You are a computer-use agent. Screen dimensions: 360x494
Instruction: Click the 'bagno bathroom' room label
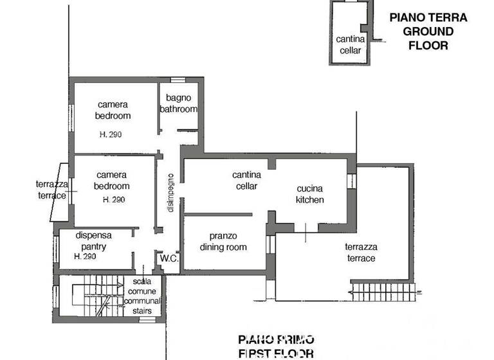pyautogui.click(x=179, y=104)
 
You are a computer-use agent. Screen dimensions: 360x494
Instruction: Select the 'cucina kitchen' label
pyautogui.click(x=309, y=194)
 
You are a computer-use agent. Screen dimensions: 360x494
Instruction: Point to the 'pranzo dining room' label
pyautogui.click(x=223, y=242)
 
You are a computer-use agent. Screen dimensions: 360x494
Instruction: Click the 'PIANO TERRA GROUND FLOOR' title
pyautogui.click(x=428, y=32)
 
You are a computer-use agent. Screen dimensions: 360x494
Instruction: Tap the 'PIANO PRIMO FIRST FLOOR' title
pyautogui.click(x=276, y=346)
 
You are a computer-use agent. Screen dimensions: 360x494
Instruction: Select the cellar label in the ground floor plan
pyautogui.click(x=350, y=44)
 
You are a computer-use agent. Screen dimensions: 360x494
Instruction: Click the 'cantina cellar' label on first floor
pyautogui.click(x=246, y=181)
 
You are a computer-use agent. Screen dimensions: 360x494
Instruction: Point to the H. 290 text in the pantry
pyautogui.click(x=86, y=256)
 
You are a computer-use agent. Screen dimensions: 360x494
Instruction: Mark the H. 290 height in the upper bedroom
pyautogui.click(x=111, y=134)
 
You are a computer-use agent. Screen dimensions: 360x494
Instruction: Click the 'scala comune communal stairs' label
pyautogui.click(x=142, y=296)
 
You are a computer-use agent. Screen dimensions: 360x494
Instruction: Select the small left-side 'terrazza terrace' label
pyautogui.click(x=51, y=190)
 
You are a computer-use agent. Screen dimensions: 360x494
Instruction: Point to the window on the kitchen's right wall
pyautogui.click(x=351, y=180)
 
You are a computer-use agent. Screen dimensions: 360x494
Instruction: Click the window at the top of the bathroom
pyautogui.click(x=178, y=81)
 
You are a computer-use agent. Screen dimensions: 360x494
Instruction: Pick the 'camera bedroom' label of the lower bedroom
pyautogui.click(x=113, y=181)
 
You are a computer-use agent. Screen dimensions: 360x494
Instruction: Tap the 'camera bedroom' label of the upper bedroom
pyautogui.click(x=113, y=110)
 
